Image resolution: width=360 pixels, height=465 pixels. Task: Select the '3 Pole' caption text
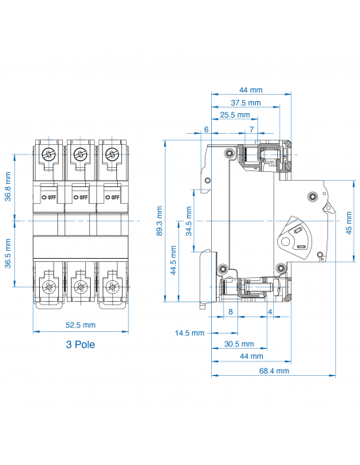point(81,346)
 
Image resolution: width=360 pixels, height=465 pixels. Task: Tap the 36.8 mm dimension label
point(9,186)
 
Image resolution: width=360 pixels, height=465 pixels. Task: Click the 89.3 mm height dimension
point(160,221)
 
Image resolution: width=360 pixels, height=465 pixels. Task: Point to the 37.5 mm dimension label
point(245,103)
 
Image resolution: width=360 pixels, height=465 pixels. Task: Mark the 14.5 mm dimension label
point(190,332)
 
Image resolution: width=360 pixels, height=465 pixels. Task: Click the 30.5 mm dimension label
point(239,344)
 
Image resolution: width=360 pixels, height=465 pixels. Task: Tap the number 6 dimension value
point(206,128)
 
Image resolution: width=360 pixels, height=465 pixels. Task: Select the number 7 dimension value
point(252,128)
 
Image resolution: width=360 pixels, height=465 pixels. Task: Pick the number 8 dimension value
point(230,312)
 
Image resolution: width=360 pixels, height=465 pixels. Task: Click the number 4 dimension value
point(272,312)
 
